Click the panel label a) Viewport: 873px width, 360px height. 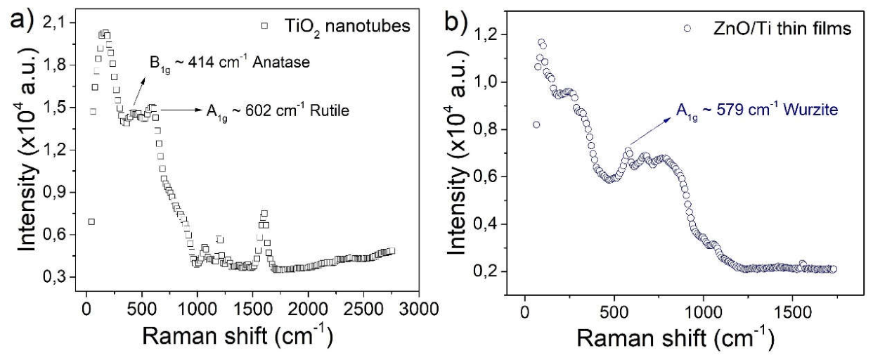pyautogui.click(x=22, y=20)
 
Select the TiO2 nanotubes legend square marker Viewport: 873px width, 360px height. pyautogui.click(x=265, y=26)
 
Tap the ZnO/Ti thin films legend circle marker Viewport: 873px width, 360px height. pyautogui.click(x=687, y=28)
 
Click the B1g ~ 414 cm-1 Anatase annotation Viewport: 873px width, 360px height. pyautogui.click(x=230, y=63)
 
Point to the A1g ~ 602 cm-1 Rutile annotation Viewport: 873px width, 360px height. pyautogui.click(x=278, y=112)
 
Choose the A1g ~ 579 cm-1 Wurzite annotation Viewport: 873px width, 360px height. pyautogui.click(x=757, y=111)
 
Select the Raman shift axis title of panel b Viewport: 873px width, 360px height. pyautogui.click(x=675, y=337)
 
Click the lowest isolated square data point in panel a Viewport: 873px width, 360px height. pyautogui.click(x=91, y=222)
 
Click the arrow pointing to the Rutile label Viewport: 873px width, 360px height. pyautogui.click(x=181, y=110)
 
